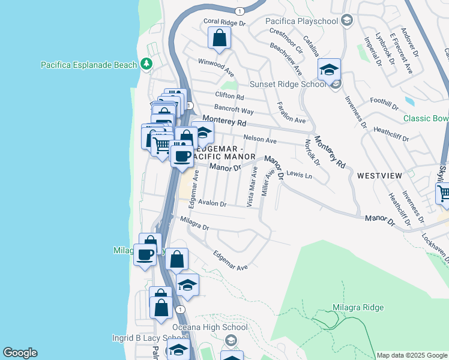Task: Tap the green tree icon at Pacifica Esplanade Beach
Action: click(146, 64)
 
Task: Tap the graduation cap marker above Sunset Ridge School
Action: click(329, 70)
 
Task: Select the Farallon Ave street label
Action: click(289, 112)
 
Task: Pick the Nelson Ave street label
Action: click(259, 140)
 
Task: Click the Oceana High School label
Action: click(209, 328)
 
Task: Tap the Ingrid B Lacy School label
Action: click(137, 338)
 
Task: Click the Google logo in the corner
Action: click(20, 353)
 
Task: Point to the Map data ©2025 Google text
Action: click(412, 355)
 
